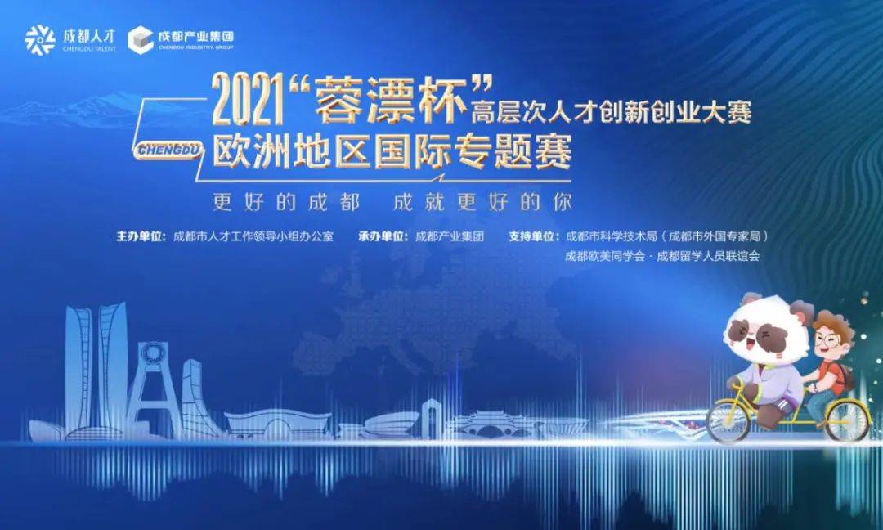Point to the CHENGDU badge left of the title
(x=168, y=150)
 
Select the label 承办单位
(x=383, y=236)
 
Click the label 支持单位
(x=533, y=236)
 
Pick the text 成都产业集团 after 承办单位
(x=450, y=236)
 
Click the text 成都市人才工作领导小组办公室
(x=253, y=236)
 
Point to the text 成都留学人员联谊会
(x=708, y=256)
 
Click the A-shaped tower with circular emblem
(x=151, y=389)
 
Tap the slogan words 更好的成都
(x=286, y=202)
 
